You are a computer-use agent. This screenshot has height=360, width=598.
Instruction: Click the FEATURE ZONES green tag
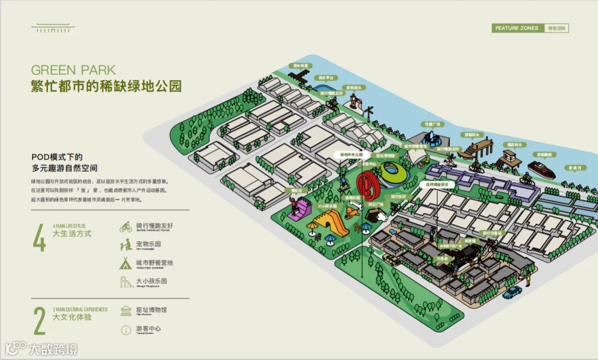tap(517, 28)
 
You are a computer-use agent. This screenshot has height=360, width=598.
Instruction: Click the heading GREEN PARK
tap(73, 70)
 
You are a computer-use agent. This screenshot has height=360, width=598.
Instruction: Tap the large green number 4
tap(39, 237)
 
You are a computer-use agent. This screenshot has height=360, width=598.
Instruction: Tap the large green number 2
tap(39, 320)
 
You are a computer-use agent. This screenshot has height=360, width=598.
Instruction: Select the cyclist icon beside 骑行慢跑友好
tap(126, 227)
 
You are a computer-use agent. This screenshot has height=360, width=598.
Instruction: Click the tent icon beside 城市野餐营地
tap(126, 263)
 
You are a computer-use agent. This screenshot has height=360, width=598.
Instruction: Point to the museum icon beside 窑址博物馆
tap(126, 311)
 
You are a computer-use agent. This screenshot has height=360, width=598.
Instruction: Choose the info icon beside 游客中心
tap(126, 330)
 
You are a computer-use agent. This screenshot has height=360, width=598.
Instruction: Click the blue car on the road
tap(512, 292)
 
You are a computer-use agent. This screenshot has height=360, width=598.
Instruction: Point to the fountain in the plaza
tap(429, 137)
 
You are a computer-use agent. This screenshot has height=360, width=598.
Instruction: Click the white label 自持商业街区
tap(437, 184)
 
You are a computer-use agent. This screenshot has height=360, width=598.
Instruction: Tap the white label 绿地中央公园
tap(351, 155)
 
